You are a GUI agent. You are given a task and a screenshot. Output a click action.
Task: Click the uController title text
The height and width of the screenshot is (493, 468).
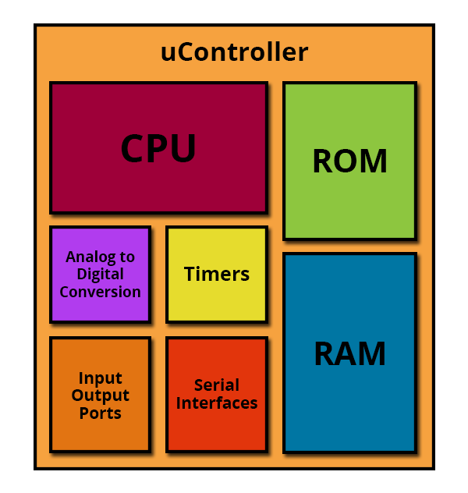[x=234, y=52]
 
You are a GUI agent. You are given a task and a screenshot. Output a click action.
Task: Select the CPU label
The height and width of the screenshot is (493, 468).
[x=158, y=147]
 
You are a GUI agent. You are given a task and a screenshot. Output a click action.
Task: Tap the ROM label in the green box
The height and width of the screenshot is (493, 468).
[x=349, y=161]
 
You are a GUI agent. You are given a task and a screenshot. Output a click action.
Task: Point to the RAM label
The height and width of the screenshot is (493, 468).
[x=349, y=353]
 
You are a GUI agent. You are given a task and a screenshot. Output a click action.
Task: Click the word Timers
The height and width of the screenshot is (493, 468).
[x=217, y=274]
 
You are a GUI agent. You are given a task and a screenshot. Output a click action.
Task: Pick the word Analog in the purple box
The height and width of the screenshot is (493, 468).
[x=90, y=257]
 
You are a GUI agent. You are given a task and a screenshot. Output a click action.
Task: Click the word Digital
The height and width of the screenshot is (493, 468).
[x=101, y=275]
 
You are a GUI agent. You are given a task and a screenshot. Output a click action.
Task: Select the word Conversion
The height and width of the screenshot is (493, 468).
[x=101, y=292]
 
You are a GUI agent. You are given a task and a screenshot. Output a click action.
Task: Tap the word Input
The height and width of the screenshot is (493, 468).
[x=101, y=378]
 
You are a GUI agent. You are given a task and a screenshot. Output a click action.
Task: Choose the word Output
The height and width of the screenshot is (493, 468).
[x=101, y=395]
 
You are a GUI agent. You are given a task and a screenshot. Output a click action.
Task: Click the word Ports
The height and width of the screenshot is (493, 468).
[x=101, y=413]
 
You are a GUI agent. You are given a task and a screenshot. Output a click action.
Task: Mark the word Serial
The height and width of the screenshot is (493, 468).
[x=217, y=385]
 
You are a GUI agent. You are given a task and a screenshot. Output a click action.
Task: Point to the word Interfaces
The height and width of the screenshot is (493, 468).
[x=217, y=403]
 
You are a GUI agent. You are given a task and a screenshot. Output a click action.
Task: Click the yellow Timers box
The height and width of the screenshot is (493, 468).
[x=217, y=275]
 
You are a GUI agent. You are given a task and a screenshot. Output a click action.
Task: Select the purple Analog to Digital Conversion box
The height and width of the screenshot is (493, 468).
[x=101, y=275]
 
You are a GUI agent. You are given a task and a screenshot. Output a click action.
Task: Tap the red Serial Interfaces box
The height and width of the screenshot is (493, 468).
[x=217, y=395]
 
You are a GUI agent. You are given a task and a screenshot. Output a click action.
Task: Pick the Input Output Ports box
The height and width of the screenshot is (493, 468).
[x=101, y=395]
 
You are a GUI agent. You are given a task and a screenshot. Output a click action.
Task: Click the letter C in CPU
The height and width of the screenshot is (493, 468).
[x=133, y=147]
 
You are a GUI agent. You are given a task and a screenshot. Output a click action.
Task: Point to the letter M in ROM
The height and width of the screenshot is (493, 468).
[x=374, y=161]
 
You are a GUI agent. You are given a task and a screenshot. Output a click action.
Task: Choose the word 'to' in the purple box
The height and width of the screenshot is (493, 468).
[x=127, y=257]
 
